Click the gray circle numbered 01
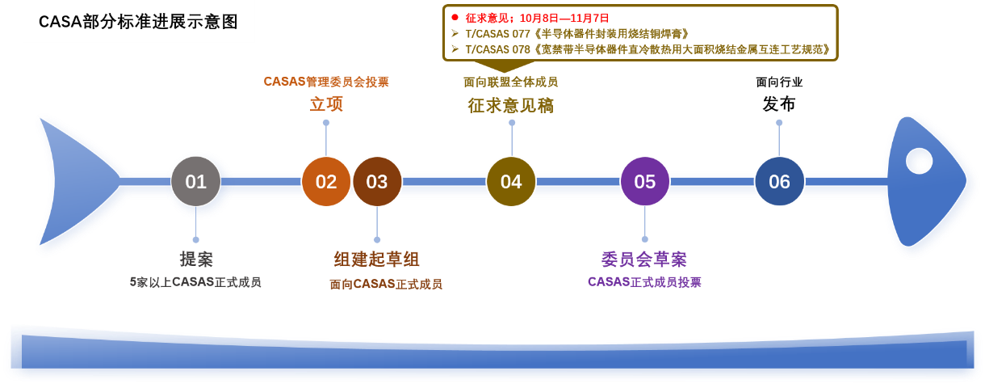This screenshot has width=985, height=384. coord(195,181)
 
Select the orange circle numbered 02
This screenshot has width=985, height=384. coord(326,181)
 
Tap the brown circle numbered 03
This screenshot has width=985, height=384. coord(377,181)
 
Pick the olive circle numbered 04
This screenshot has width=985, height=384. coord(511,181)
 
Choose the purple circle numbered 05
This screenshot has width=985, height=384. coord(644,181)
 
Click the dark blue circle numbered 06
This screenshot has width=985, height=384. coord(779,181)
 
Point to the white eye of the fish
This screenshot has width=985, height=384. coord(919,161)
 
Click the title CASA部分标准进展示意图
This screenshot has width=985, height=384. coord(138,22)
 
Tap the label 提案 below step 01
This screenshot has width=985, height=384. coord(196,259)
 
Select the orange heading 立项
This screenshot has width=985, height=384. coord(326,104)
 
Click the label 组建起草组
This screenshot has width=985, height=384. coord(377,259)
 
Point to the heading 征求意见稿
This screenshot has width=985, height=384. coord(511,106)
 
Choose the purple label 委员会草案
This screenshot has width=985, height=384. coord(644,259)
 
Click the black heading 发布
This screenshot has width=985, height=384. coord(779,104)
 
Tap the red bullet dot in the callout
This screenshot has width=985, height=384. coord(455,18)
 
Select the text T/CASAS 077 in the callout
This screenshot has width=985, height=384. coord(498,34)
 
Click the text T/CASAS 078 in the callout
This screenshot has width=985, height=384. coord(498,49)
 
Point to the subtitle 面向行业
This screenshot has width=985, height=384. coord(779,82)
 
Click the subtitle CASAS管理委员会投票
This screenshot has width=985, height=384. coord(326,82)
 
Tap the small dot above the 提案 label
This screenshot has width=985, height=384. coord(195,239)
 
